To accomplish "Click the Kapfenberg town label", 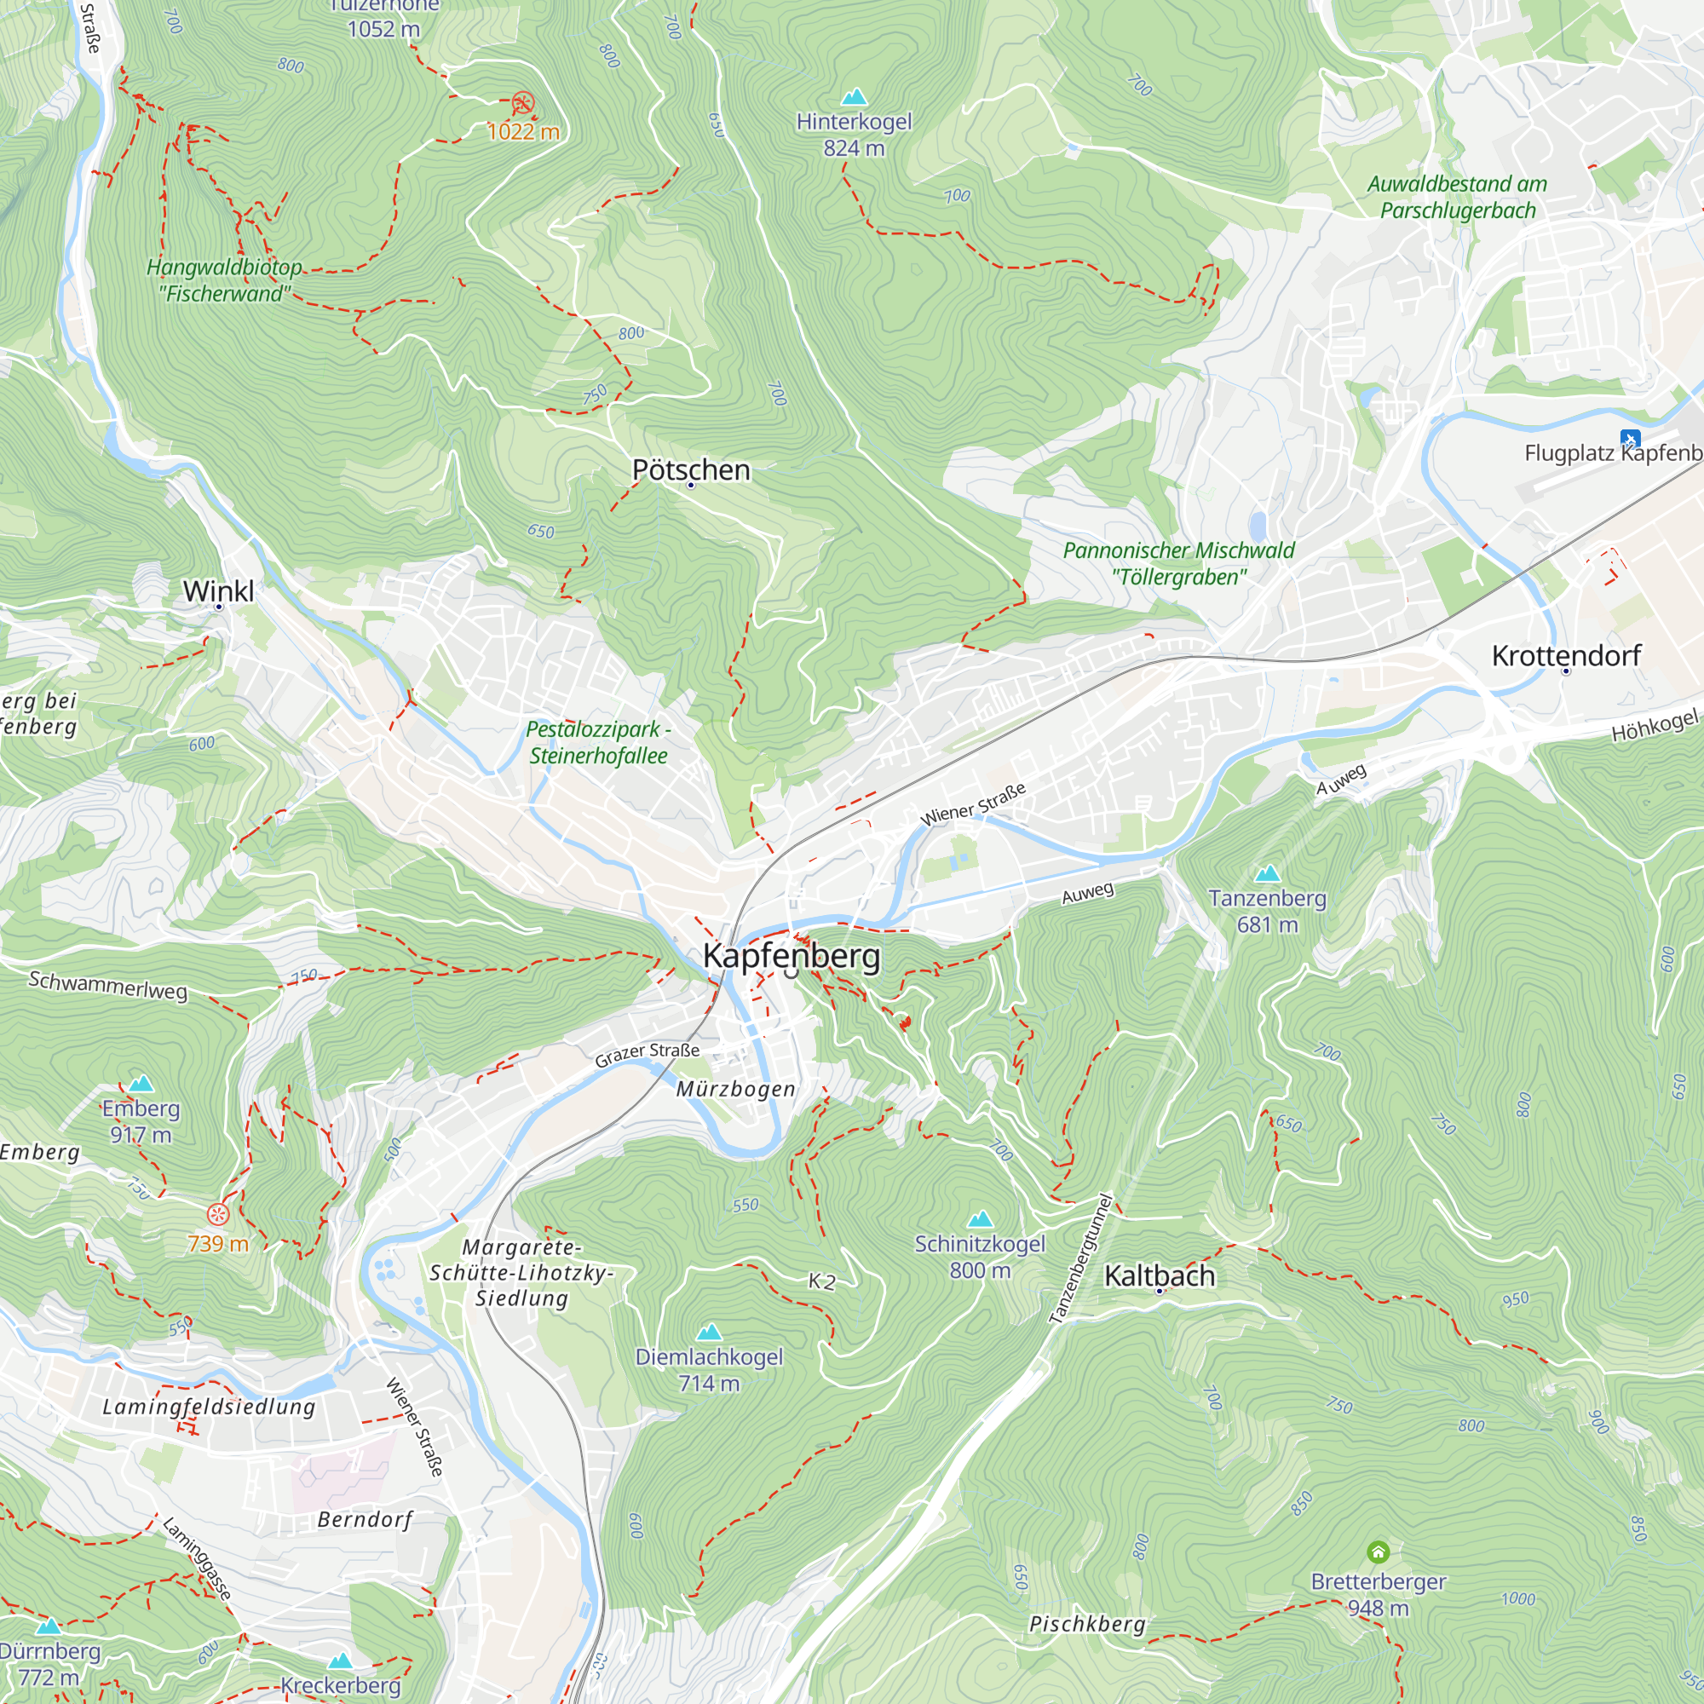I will click(792, 956).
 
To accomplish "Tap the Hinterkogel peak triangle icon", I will click(853, 97).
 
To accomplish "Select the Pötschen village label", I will click(691, 470).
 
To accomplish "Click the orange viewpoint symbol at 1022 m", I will click(523, 103).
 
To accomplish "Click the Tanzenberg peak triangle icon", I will click(1268, 873).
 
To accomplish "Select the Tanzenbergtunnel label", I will click(1081, 1258).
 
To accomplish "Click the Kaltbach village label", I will click(1159, 1275).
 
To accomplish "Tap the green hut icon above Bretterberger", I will click(1378, 1551).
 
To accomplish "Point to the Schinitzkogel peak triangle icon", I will click(980, 1220).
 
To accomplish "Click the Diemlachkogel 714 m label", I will click(708, 1369).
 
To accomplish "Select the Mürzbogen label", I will click(735, 1089).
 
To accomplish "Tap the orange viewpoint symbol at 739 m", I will click(218, 1214).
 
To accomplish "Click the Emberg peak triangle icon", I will click(141, 1084).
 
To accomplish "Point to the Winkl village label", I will click(218, 591).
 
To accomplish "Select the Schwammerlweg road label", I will click(107, 984).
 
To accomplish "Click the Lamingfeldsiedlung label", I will click(209, 1406).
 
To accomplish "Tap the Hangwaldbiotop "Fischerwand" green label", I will click(224, 280).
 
